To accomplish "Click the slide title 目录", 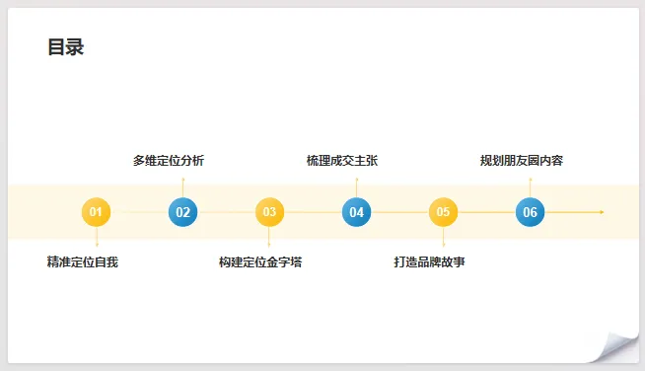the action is point(66,47).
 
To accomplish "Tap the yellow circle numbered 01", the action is point(96,212).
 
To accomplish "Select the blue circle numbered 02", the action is point(182,212).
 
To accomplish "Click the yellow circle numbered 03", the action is point(269,212).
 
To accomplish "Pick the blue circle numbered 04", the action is point(356,212).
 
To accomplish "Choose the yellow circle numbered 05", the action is point(443,212).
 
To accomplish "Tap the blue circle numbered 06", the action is point(530,212).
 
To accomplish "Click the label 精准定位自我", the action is point(83,261).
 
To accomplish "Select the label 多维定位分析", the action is point(169,161).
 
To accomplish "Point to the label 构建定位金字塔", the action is point(260,261).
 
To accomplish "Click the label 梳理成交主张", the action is point(342,161).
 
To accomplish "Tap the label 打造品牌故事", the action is point(429,261).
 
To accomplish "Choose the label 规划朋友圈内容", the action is point(522,161).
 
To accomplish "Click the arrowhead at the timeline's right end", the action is point(602,212).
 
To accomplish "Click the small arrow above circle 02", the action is point(182,187).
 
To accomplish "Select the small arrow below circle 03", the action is point(269,237).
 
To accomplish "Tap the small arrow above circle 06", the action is point(530,187).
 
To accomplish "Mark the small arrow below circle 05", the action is point(443,237).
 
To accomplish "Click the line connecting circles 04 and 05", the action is point(399,212).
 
